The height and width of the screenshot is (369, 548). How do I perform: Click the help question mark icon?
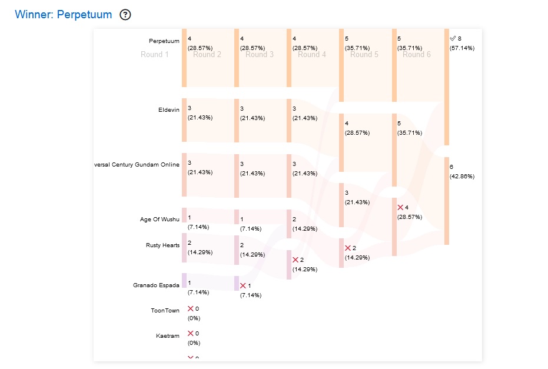[125, 15]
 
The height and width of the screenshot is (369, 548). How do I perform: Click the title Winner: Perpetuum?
[63, 15]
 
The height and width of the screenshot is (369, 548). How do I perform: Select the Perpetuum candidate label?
[164, 41]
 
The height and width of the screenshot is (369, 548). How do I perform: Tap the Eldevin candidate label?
[169, 110]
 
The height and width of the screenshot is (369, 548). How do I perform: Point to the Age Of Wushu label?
[160, 220]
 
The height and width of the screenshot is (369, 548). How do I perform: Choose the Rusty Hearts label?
[163, 245]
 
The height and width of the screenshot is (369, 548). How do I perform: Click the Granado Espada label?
[157, 285]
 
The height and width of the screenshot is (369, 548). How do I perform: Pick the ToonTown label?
[165, 311]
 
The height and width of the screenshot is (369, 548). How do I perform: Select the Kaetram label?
[168, 336]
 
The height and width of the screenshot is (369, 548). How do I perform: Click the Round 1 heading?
[155, 55]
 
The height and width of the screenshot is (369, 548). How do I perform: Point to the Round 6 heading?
[417, 55]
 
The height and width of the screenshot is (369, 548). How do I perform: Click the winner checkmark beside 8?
[453, 38]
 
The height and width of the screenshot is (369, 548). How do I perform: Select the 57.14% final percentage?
[462, 48]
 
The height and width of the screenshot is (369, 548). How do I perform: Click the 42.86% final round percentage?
[462, 177]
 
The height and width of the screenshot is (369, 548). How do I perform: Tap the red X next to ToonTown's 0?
[191, 308]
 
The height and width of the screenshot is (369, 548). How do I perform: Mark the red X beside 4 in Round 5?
[400, 208]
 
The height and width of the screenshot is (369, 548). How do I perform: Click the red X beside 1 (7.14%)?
[243, 285]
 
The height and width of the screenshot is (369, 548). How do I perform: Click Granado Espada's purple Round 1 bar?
[184, 280]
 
